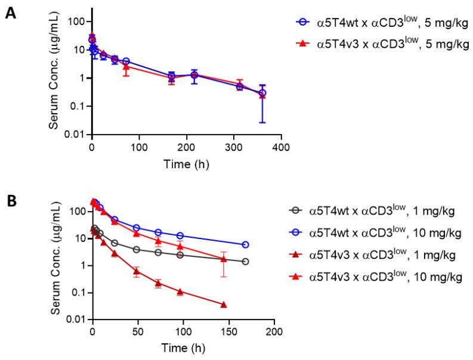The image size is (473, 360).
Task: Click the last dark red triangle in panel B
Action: (224, 305)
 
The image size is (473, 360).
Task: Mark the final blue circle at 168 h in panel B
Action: (245, 245)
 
